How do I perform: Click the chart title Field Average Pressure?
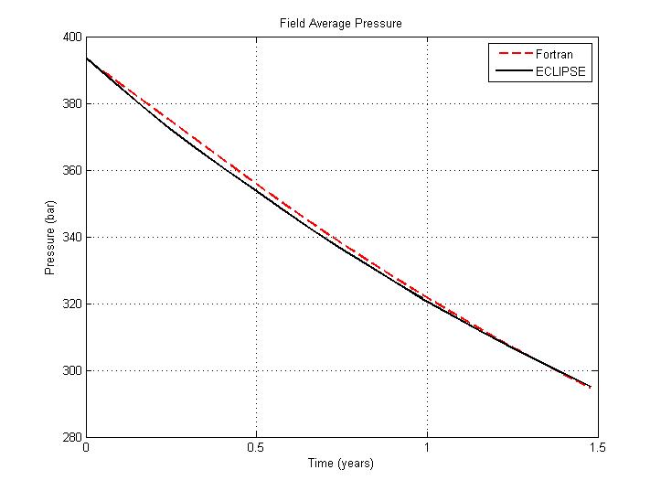click(x=341, y=22)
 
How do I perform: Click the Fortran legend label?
click(x=555, y=54)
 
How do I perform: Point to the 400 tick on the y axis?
click(x=71, y=37)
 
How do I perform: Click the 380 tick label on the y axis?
click(x=71, y=104)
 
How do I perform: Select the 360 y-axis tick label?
click(x=71, y=171)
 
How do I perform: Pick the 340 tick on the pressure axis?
click(x=71, y=238)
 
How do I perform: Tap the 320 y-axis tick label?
click(x=71, y=304)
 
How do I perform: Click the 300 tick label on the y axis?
click(x=71, y=371)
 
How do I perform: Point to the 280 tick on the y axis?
click(x=71, y=437)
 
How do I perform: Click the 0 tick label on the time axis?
click(x=86, y=448)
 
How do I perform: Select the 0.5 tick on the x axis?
click(x=256, y=448)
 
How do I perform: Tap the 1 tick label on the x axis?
click(x=427, y=448)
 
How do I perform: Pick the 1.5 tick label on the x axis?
click(x=597, y=448)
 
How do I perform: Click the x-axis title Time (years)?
click(x=340, y=464)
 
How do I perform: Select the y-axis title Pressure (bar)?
click(x=49, y=237)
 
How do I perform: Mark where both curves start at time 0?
click(x=86, y=59)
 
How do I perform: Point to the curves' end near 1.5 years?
click(x=591, y=387)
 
